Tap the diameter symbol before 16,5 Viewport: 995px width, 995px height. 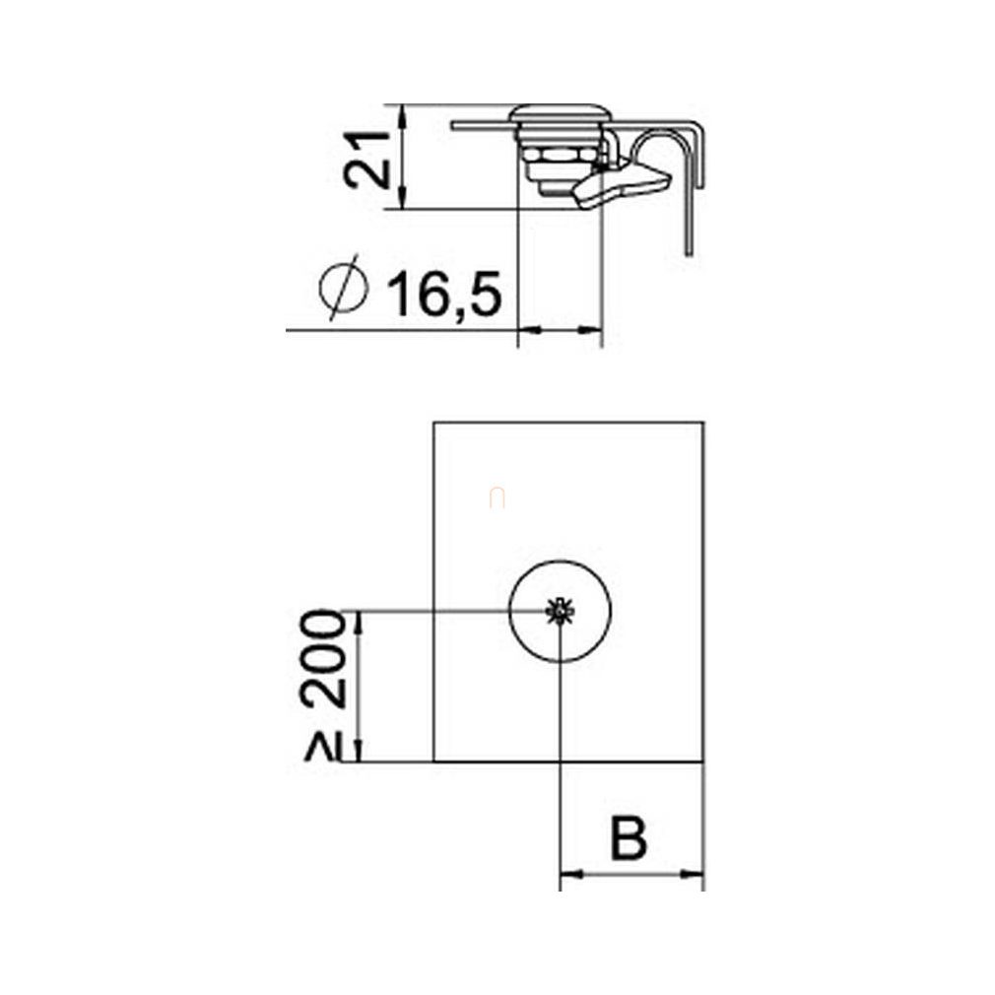343,288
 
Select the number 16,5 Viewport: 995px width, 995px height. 445,294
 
